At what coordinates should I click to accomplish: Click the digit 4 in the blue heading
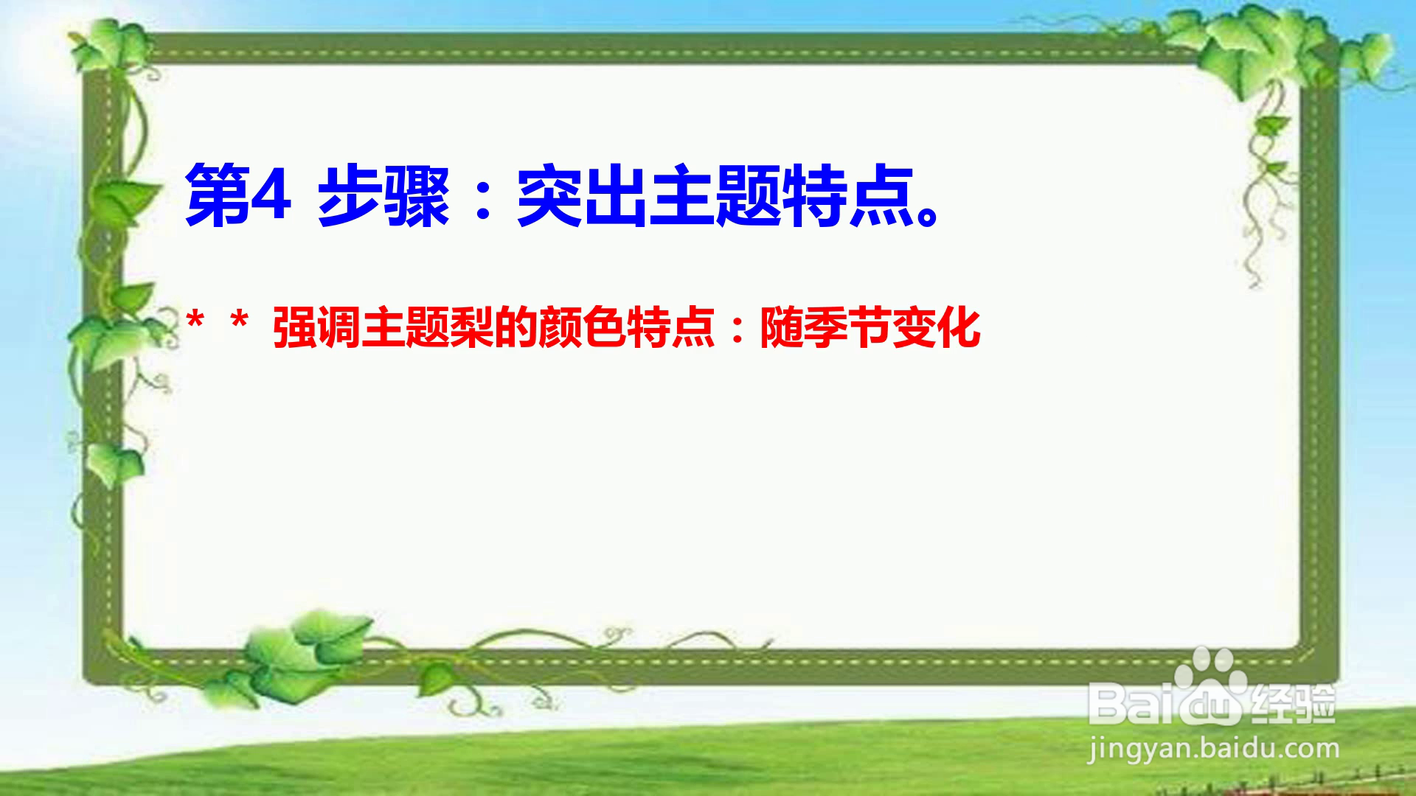click(270, 194)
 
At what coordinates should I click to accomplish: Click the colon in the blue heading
click(484, 198)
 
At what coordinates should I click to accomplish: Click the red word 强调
click(316, 328)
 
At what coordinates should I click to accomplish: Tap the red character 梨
click(471, 328)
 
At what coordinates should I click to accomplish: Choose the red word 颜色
click(582, 328)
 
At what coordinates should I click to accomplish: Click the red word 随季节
click(826, 328)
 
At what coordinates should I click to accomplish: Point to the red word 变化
click(937, 328)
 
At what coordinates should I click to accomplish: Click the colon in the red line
click(737, 330)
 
